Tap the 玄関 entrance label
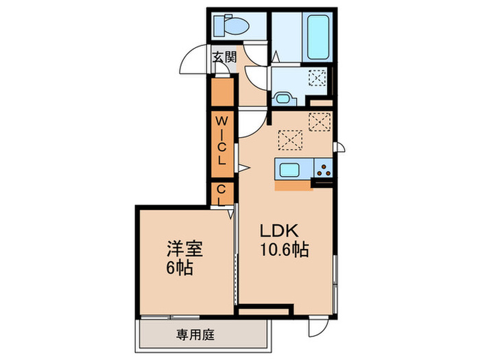click(224, 57)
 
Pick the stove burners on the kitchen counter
click(324, 167)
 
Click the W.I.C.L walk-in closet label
click(221, 140)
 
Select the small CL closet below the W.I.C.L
click(221, 193)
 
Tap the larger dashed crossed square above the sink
click(290, 139)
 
